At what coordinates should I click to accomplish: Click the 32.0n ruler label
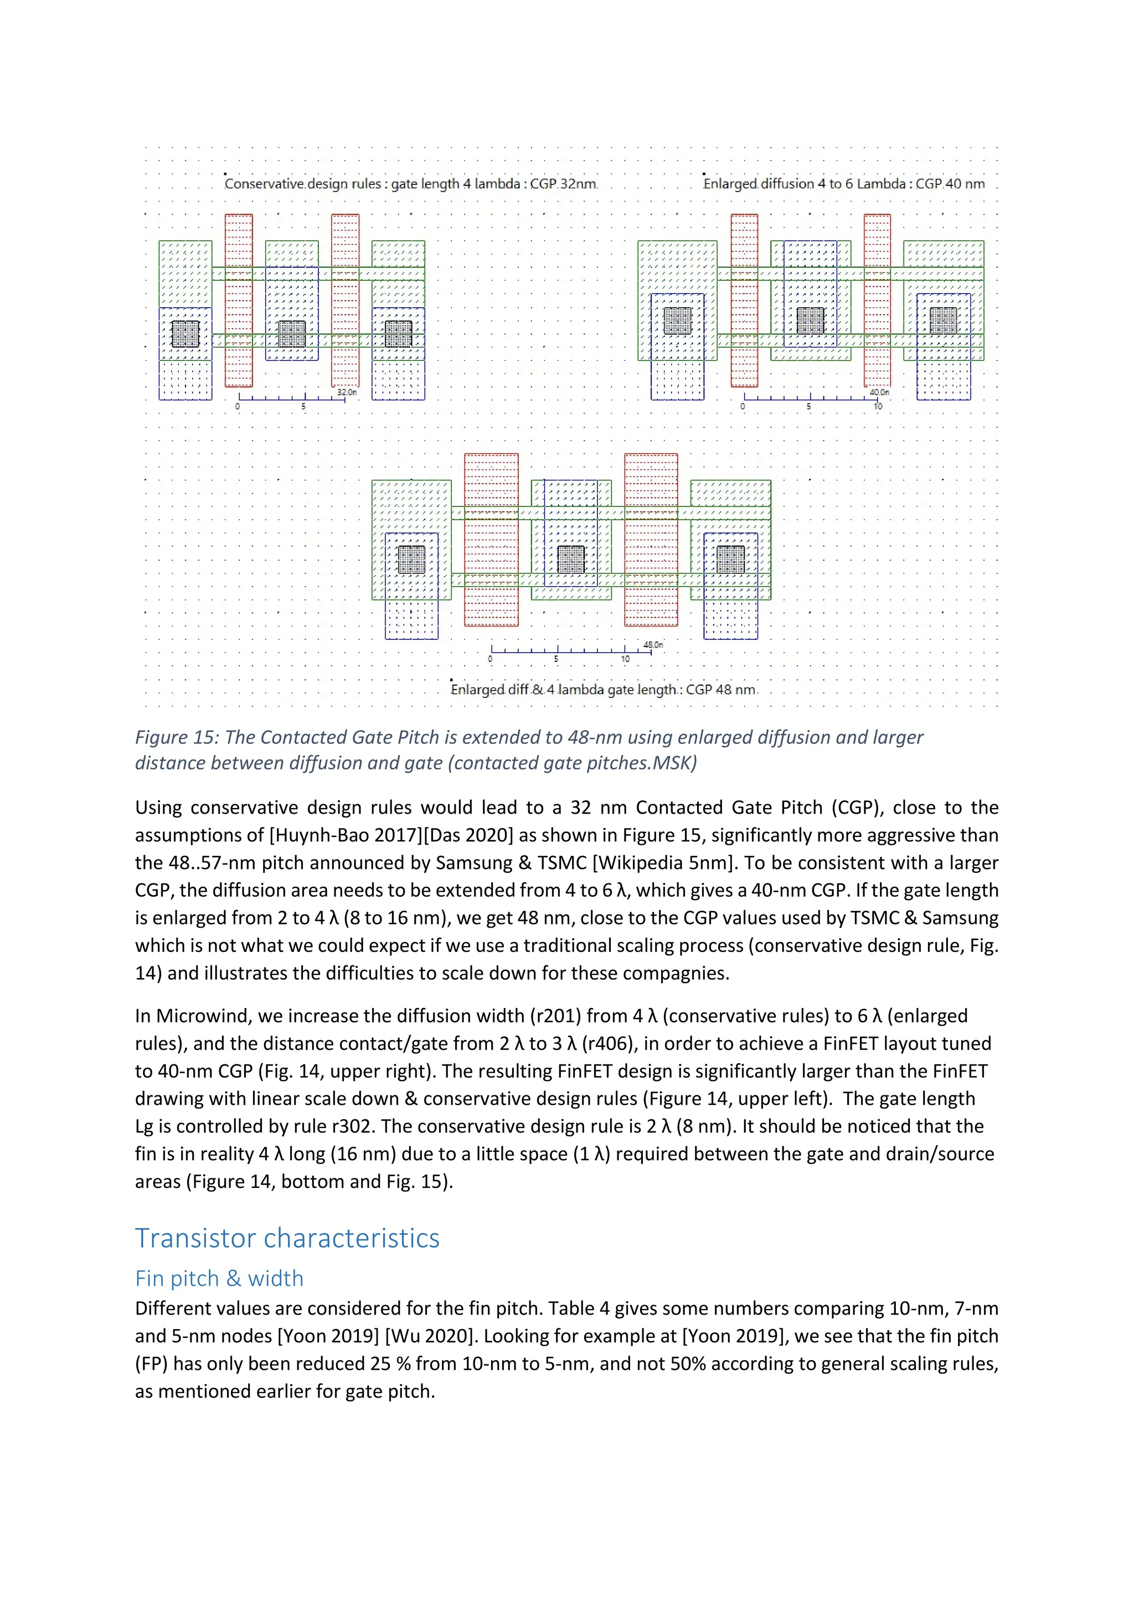(346, 392)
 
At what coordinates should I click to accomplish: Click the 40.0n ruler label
(879, 392)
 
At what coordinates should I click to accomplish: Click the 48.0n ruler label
(653, 644)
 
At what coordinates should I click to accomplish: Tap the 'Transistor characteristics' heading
(287, 1239)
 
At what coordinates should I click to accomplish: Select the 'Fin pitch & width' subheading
(219, 1278)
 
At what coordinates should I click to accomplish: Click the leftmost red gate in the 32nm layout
(239, 300)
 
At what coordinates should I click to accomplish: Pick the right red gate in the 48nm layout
(651, 539)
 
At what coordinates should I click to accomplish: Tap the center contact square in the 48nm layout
(571, 559)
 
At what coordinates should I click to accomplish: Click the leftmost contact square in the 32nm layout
(185, 334)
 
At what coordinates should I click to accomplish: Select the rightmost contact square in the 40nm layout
(944, 320)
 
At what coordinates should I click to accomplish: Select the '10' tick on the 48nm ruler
(625, 659)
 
